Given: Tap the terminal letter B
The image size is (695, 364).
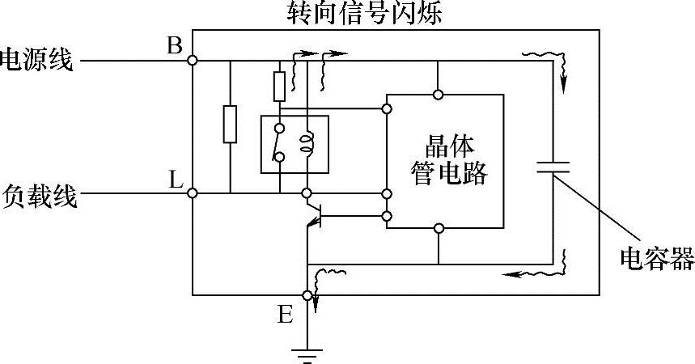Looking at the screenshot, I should pyautogui.click(x=174, y=45).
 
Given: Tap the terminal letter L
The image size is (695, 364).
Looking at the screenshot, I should pyautogui.click(x=174, y=180).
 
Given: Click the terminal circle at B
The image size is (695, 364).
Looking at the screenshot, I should pyautogui.click(x=193, y=61).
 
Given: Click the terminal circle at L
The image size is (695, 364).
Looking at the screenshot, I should pyautogui.click(x=193, y=194).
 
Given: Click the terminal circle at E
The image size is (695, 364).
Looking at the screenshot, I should pyautogui.click(x=307, y=295).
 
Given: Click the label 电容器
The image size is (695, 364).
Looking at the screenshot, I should pyautogui.click(x=656, y=259).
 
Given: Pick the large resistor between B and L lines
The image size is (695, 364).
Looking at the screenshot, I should pyautogui.click(x=230, y=125).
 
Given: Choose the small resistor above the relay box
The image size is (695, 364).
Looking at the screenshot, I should pyautogui.click(x=279, y=84).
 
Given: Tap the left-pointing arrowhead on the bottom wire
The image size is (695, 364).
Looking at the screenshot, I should pyautogui.click(x=508, y=274).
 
